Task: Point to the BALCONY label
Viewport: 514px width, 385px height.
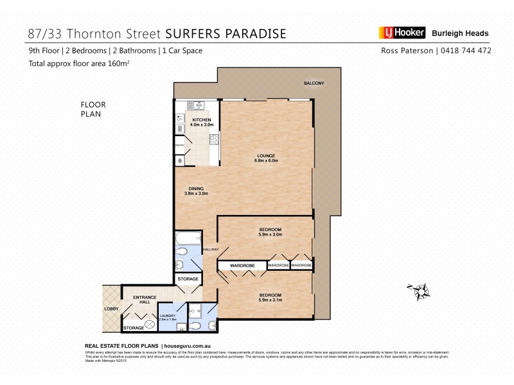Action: coord(314,83)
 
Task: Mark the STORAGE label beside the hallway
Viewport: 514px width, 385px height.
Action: coord(188,279)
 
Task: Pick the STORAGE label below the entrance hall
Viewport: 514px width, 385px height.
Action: coord(134,328)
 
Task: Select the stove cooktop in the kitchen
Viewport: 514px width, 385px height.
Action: coord(214,139)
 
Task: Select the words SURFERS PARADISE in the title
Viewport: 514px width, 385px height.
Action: coord(226,33)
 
